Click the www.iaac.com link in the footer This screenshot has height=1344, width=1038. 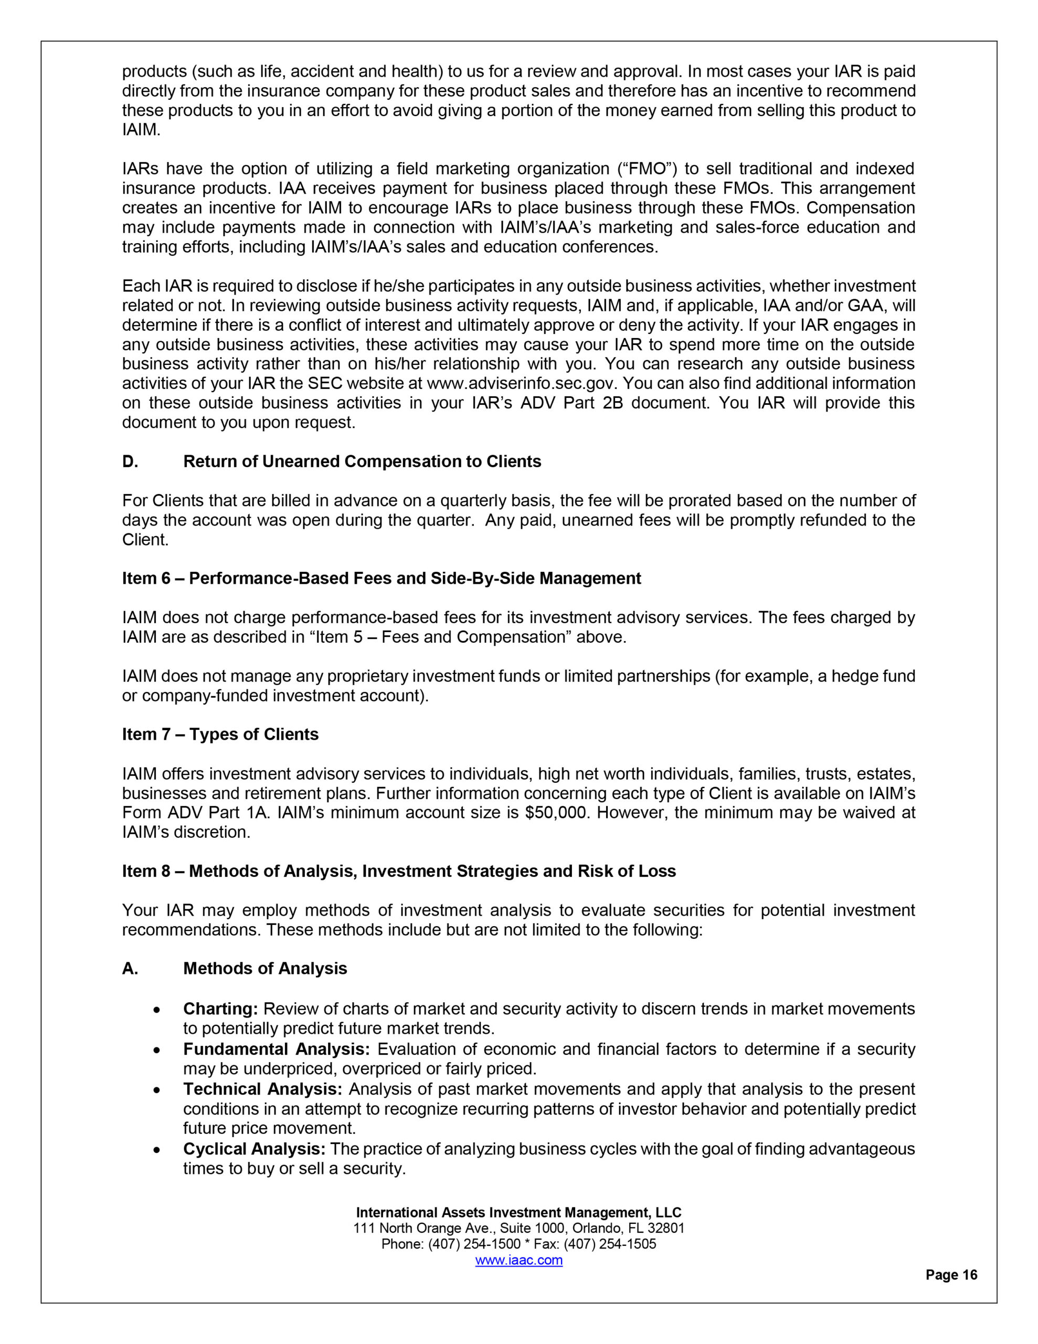(x=518, y=1259)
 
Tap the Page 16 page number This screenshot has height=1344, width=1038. (x=951, y=1275)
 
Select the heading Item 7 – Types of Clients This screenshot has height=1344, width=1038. (x=220, y=734)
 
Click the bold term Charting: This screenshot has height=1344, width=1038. (x=220, y=1009)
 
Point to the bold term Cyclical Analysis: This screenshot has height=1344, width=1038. (x=254, y=1148)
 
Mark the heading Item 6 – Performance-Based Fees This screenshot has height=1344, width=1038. (x=382, y=579)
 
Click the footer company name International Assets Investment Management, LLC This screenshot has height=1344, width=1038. (x=518, y=1212)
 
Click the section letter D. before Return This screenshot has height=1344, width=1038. (x=130, y=461)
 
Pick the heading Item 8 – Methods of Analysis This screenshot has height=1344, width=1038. (x=399, y=871)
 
